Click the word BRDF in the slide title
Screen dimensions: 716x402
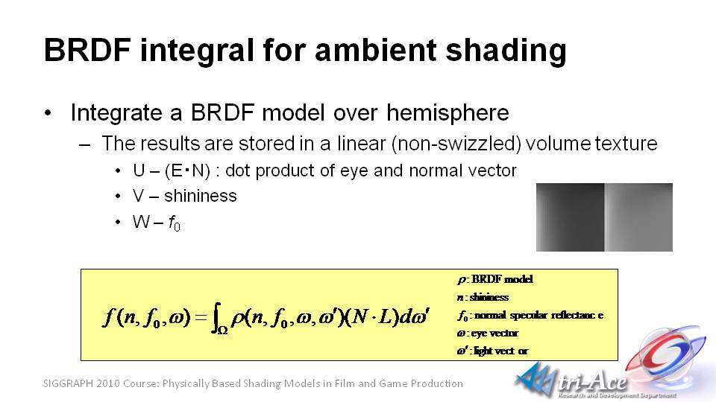tap(88, 50)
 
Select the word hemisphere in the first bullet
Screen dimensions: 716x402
tap(447, 112)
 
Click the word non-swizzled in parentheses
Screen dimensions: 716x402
tap(456, 144)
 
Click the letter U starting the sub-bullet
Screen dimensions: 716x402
tap(139, 170)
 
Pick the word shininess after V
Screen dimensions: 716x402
tap(201, 196)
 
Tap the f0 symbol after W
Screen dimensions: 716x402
tap(175, 223)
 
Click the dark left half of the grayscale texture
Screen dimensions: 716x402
tap(571, 217)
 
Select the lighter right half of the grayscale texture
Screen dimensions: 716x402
tap(638, 217)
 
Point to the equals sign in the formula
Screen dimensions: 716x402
tap(201, 317)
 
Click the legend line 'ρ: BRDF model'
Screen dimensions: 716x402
tap(494, 279)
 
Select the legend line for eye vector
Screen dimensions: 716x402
tap(487, 334)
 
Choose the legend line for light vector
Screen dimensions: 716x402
tap(492, 351)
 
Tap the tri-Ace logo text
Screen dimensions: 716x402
tap(592, 380)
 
